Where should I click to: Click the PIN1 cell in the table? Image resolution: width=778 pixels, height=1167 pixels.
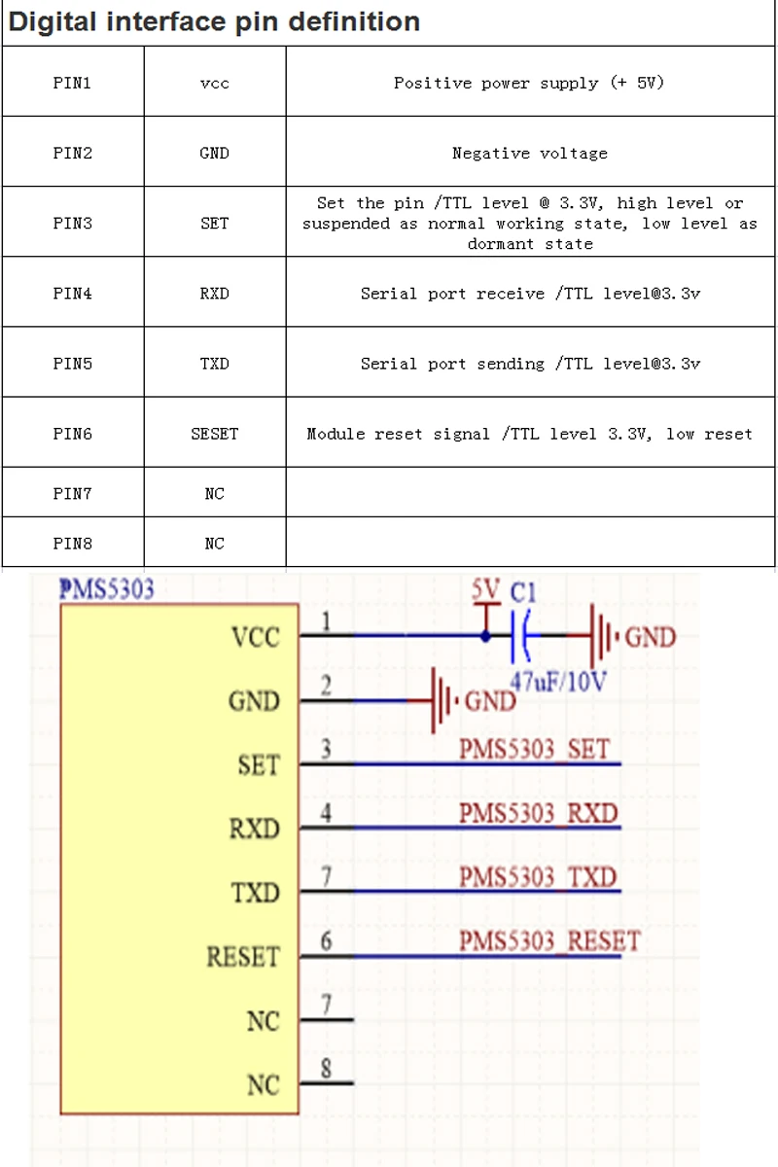(x=72, y=83)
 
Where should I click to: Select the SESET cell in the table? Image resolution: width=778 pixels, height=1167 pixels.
(x=214, y=434)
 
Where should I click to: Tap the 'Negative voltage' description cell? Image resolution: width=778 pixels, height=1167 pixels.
(x=530, y=153)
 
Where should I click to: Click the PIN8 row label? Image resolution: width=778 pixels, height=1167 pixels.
(x=72, y=544)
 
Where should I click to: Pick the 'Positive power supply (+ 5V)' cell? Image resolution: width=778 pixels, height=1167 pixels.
(x=529, y=83)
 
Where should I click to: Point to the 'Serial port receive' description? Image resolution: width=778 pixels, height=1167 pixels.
(x=530, y=293)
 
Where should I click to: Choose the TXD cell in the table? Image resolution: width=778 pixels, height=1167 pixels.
(x=214, y=364)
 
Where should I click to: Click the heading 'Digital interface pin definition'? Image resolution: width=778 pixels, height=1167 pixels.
(x=215, y=21)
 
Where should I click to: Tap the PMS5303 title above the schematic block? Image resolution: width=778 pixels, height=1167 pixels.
(x=106, y=588)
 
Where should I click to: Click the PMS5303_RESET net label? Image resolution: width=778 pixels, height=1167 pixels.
(x=549, y=941)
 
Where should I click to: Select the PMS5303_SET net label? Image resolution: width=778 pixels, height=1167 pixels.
(x=534, y=749)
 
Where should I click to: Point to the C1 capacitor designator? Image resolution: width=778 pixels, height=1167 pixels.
(x=523, y=591)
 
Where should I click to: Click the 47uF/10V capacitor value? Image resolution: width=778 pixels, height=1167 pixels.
(x=557, y=682)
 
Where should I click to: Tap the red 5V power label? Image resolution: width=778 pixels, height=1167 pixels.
(x=485, y=588)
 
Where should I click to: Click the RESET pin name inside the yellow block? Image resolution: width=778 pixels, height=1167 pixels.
(x=242, y=957)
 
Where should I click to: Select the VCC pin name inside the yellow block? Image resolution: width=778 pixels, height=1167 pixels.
(x=255, y=638)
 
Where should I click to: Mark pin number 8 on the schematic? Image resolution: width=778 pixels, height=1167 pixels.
(x=326, y=1069)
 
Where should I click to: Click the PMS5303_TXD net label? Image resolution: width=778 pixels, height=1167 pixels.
(x=538, y=877)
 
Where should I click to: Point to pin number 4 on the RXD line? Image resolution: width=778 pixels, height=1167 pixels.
(x=326, y=812)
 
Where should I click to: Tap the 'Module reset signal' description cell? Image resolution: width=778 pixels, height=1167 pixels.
(x=530, y=434)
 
